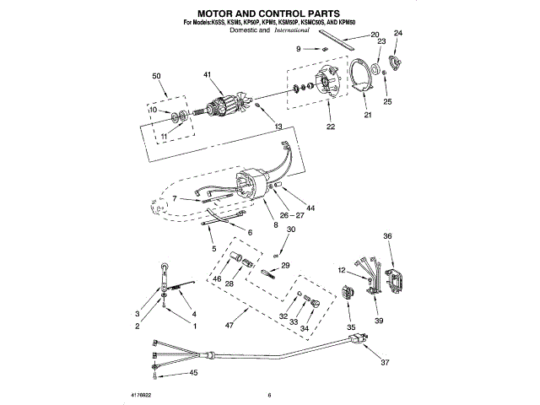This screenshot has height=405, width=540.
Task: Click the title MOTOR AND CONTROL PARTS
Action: click(268, 14)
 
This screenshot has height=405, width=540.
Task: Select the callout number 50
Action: click(157, 77)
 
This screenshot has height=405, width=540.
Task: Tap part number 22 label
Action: click(331, 127)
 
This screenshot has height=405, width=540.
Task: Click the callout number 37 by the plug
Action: click(386, 363)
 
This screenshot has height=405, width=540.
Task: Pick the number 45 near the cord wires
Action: click(193, 372)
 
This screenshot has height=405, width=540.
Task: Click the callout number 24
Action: click(399, 34)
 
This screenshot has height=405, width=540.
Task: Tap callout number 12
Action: click(341, 270)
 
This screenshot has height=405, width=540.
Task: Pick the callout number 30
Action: click(291, 229)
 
